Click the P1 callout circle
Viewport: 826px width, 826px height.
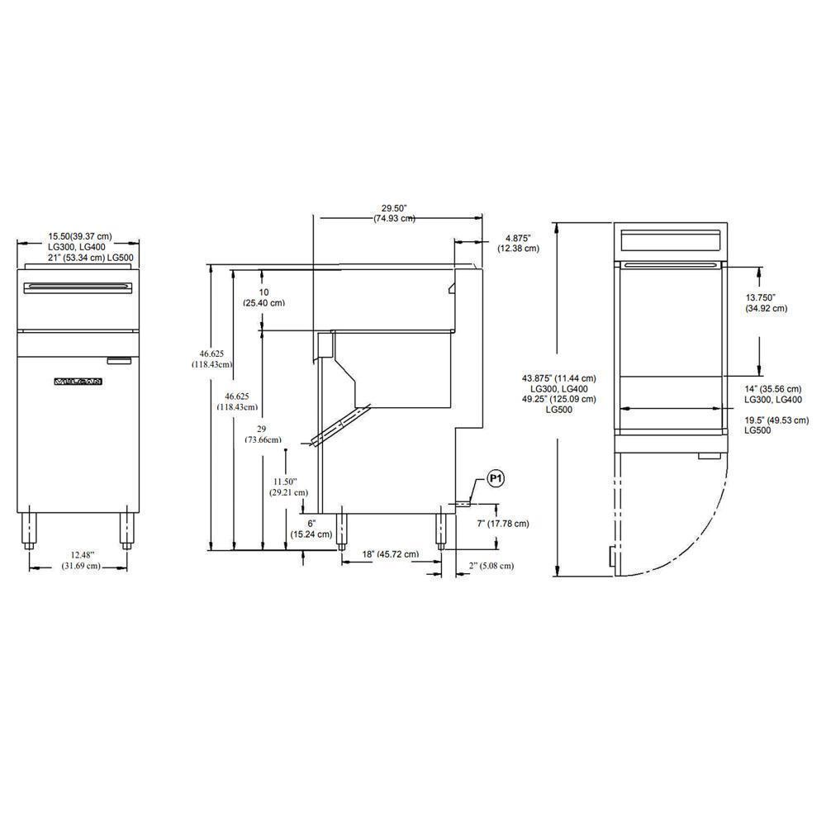click(496, 478)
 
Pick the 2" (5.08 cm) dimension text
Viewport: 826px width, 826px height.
click(491, 566)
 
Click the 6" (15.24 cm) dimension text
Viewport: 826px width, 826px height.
click(311, 529)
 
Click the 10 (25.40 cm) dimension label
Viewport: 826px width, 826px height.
click(263, 297)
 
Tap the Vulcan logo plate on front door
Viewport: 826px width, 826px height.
click(78, 382)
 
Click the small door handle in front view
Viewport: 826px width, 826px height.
click(119, 359)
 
